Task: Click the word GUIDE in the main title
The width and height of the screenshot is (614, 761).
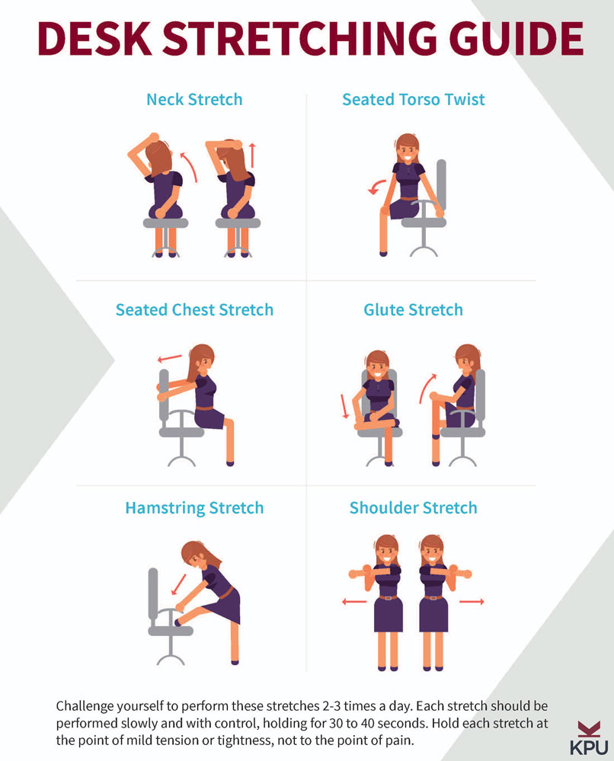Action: [516, 38]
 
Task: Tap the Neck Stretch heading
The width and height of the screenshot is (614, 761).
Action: [194, 100]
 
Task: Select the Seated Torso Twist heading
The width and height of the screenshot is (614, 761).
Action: [414, 100]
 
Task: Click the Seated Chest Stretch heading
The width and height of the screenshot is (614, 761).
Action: [194, 309]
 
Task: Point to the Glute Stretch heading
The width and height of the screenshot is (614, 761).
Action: [414, 309]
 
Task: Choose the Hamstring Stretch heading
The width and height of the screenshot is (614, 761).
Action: [194, 508]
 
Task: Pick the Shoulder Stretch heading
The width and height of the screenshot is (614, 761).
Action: [414, 507]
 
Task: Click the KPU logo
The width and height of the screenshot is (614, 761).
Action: [589, 737]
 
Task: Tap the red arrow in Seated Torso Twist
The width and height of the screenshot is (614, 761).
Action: [376, 187]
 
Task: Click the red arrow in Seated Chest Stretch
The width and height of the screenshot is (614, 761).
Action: [169, 359]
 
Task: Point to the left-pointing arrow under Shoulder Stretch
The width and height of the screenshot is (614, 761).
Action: [353, 602]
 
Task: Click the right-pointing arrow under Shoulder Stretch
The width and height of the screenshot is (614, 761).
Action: [472, 602]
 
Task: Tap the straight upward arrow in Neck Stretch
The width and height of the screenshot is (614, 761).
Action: [252, 155]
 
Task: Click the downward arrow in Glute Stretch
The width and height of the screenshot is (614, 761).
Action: [344, 406]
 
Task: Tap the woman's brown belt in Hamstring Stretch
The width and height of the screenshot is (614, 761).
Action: [227, 593]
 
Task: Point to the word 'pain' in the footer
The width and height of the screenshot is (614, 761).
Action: [401, 741]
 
